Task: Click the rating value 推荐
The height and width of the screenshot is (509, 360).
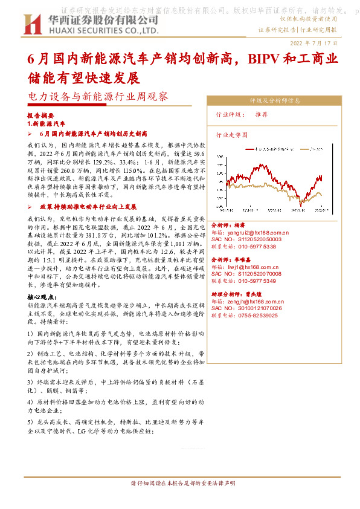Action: coord(278,114)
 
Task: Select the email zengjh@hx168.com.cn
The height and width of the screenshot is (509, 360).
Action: coord(256,300)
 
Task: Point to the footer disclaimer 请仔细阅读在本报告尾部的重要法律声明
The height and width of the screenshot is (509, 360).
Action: coord(179,484)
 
